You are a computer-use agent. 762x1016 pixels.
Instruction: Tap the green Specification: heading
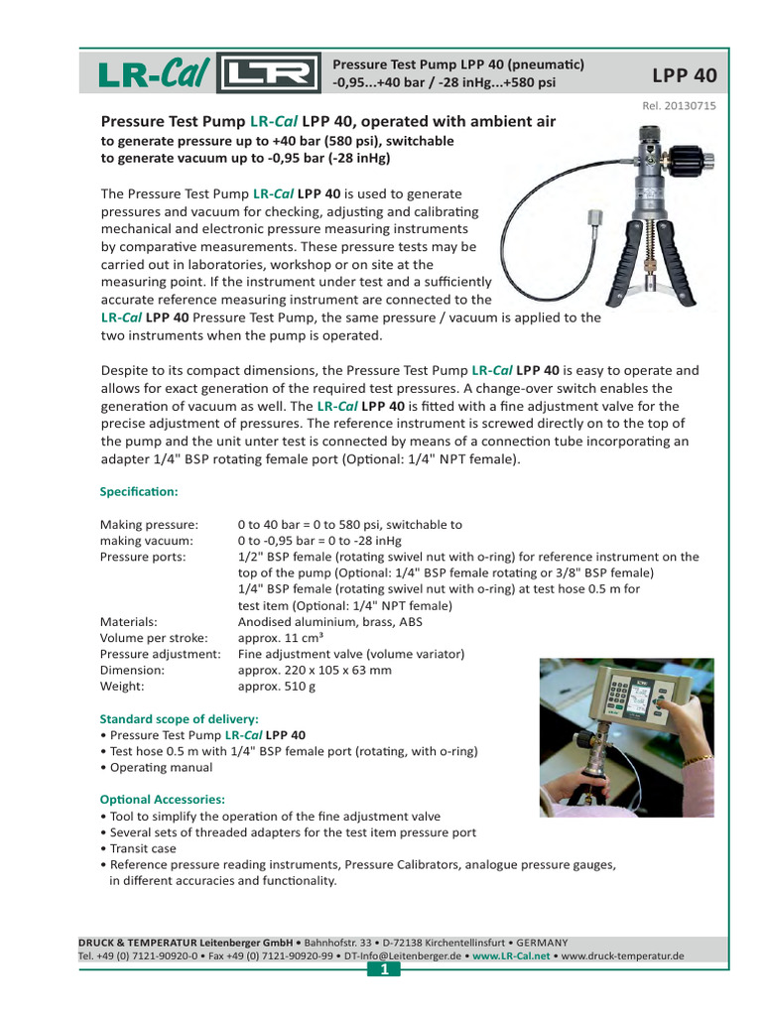point(139,491)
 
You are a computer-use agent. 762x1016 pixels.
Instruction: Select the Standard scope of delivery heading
point(180,717)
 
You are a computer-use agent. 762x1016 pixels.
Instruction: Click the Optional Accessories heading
point(163,799)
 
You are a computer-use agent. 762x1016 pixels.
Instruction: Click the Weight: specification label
point(123,686)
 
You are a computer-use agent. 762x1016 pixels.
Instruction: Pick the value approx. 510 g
point(277,686)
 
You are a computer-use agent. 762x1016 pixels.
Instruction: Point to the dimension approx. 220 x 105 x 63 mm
point(315,670)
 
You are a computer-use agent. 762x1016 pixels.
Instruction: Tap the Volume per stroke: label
point(154,638)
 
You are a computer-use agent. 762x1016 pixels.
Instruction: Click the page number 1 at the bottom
point(381,969)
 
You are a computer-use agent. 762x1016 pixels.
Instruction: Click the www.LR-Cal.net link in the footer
point(511,955)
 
